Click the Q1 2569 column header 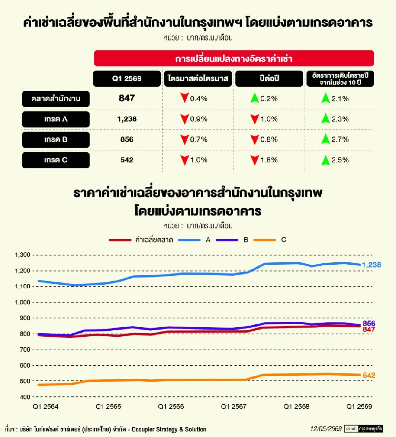coord(127,78)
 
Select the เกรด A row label coord(56,119)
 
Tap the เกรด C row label coord(56,160)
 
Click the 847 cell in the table coord(127,98)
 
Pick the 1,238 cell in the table coord(127,119)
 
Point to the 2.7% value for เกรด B coord(340,139)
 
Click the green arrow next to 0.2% coord(255,98)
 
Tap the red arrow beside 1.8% coord(255,160)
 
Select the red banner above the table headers coord(234,58)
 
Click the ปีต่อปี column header coord(269,78)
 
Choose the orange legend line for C coord(265,240)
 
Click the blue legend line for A coord(189,240)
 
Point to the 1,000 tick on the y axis coord(22,302)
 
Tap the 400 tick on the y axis coord(25,397)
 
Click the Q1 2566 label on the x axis coord(171,406)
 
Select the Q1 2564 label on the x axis coord(46,406)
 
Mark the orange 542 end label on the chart coord(369,375)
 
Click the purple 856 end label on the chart coord(369,323)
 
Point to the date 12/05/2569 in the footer coord(326,429)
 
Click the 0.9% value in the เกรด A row coord(199,119)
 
